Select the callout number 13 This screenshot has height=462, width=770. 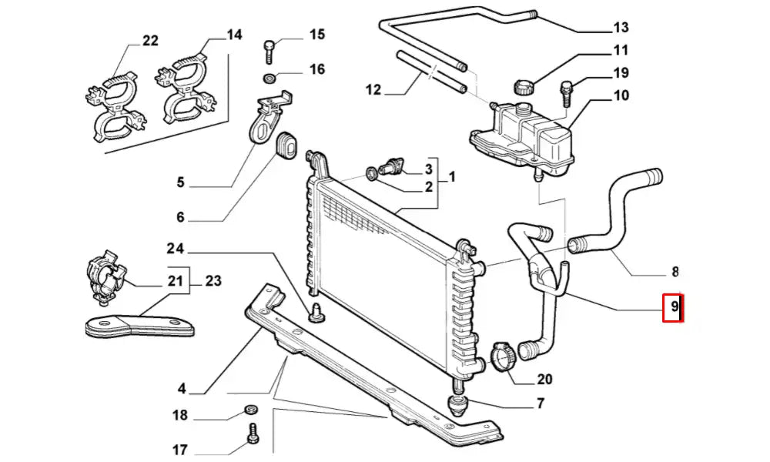click(x=621, y=28)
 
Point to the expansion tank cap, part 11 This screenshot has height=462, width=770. click(x=524, y=85)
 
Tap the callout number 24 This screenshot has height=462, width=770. click(x=176, y=249)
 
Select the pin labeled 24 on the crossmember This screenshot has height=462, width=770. click(x=316, y=314)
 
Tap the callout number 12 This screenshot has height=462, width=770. click(x=373, y=90)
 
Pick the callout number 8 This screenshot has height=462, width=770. click(x=675, y=270)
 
